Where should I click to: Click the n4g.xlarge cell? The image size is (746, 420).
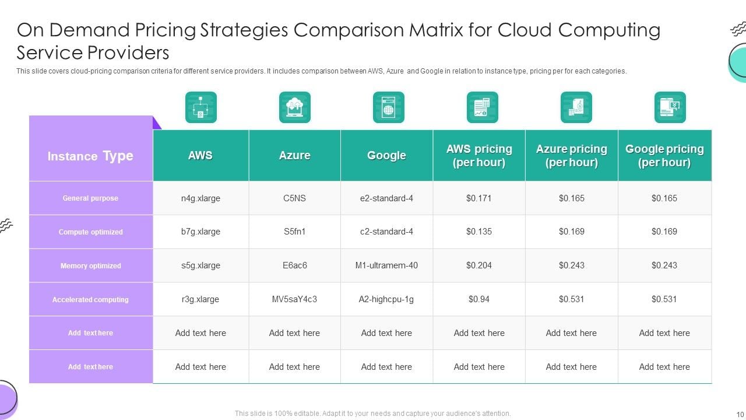(x=200, y=198)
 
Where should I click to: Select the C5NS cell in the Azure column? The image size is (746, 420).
(x=294, y=198)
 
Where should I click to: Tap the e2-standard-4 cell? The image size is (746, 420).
(x=386, y=198)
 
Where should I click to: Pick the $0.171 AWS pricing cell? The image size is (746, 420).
(x=479, y=198)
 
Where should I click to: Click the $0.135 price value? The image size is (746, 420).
(x=479, y=232)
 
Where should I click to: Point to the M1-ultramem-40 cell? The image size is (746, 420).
(x=386, y=265)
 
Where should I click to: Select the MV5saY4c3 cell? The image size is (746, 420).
(x=294, y=299)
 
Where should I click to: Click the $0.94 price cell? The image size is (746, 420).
(x=479, y=299)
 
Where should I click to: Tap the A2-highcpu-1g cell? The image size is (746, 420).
(x=386, y=299)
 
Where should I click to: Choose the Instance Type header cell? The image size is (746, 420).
(x=90, y=156)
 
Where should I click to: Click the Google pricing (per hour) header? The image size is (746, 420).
(x=664, y=156)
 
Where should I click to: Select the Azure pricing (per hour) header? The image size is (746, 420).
(x=571, y=156)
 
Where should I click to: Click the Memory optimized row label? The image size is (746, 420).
(x=91, y=266)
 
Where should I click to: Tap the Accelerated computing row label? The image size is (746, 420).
(x=90, y=300)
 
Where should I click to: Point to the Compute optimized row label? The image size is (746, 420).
(x=91, y=232)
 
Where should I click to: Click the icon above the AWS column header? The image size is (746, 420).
(x=201, y=107)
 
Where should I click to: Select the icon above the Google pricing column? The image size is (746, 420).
(x=670, y=107)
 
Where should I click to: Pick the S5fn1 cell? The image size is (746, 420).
(x=294, y=232)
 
